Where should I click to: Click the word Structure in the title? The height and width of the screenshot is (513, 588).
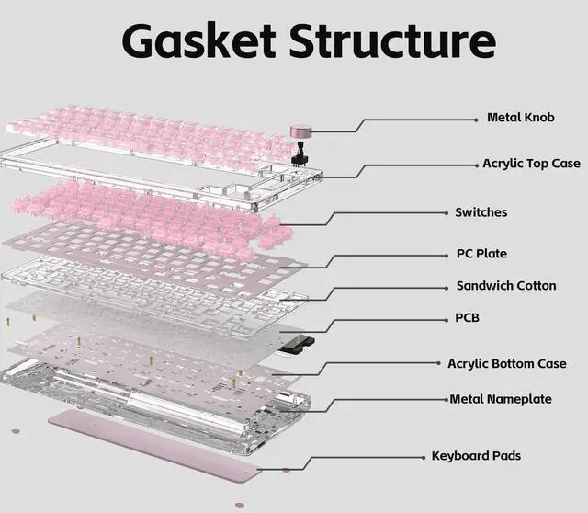(x=391, y=42)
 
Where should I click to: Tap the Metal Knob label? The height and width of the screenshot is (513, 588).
(x=521, y=119)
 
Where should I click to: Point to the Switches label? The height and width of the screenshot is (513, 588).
(x=481, y=212)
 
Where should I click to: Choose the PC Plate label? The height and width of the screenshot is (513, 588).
(x=481, y=254)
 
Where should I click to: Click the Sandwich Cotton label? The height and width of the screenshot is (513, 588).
(x=506, y=286)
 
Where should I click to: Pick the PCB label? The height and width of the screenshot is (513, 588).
(x=467, y=318)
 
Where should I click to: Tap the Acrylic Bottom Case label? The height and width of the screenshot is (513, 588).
(x=506, y=364)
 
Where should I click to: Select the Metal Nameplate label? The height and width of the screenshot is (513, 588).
(x=501, y=399)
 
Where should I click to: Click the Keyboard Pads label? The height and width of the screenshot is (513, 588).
(x=481, y=456)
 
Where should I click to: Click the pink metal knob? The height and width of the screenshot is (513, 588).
(x=301, y=131)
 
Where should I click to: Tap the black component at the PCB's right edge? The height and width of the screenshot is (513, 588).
(x=297, y=345)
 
